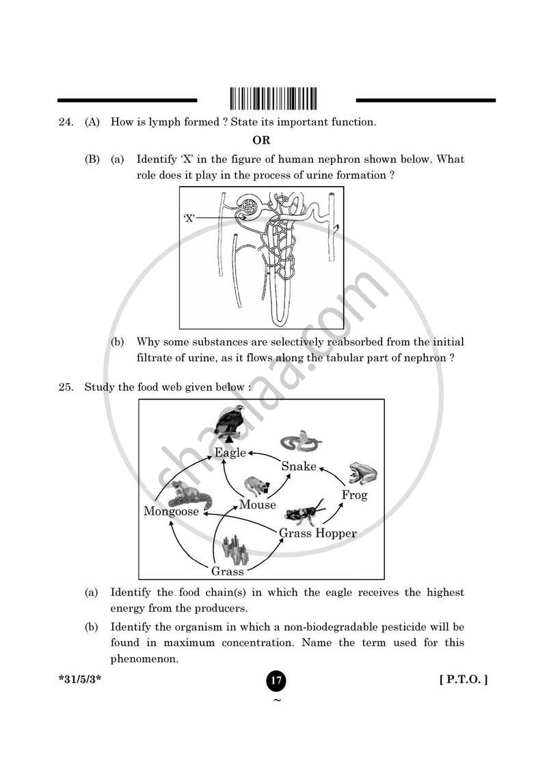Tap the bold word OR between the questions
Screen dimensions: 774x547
pyautogui.click(x=262, y=141)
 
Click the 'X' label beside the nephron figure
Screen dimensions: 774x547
pyautogui.click(x=189, y=218)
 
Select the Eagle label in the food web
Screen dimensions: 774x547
pyautogui.click(x=230, y=453)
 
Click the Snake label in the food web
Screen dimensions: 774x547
pyautogui.click(x=299, y=466)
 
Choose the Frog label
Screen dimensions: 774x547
pyautogui.click(x=354, y=495)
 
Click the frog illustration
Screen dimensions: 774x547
pyautogui.click(x=362, y=472)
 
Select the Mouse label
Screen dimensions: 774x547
pyautogui.click(x=257, y=505)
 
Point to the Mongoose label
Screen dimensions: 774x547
pyautogui.click(x=171, y=511)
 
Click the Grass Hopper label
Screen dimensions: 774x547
pyautogui.click(x=317, y=532)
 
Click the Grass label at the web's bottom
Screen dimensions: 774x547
pyautogui.click(x=227, y=571)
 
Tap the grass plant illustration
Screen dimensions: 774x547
pyautogui.click(x=235, y=548)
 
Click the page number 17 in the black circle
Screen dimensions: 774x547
pyautogui.click(x=276, y=680)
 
